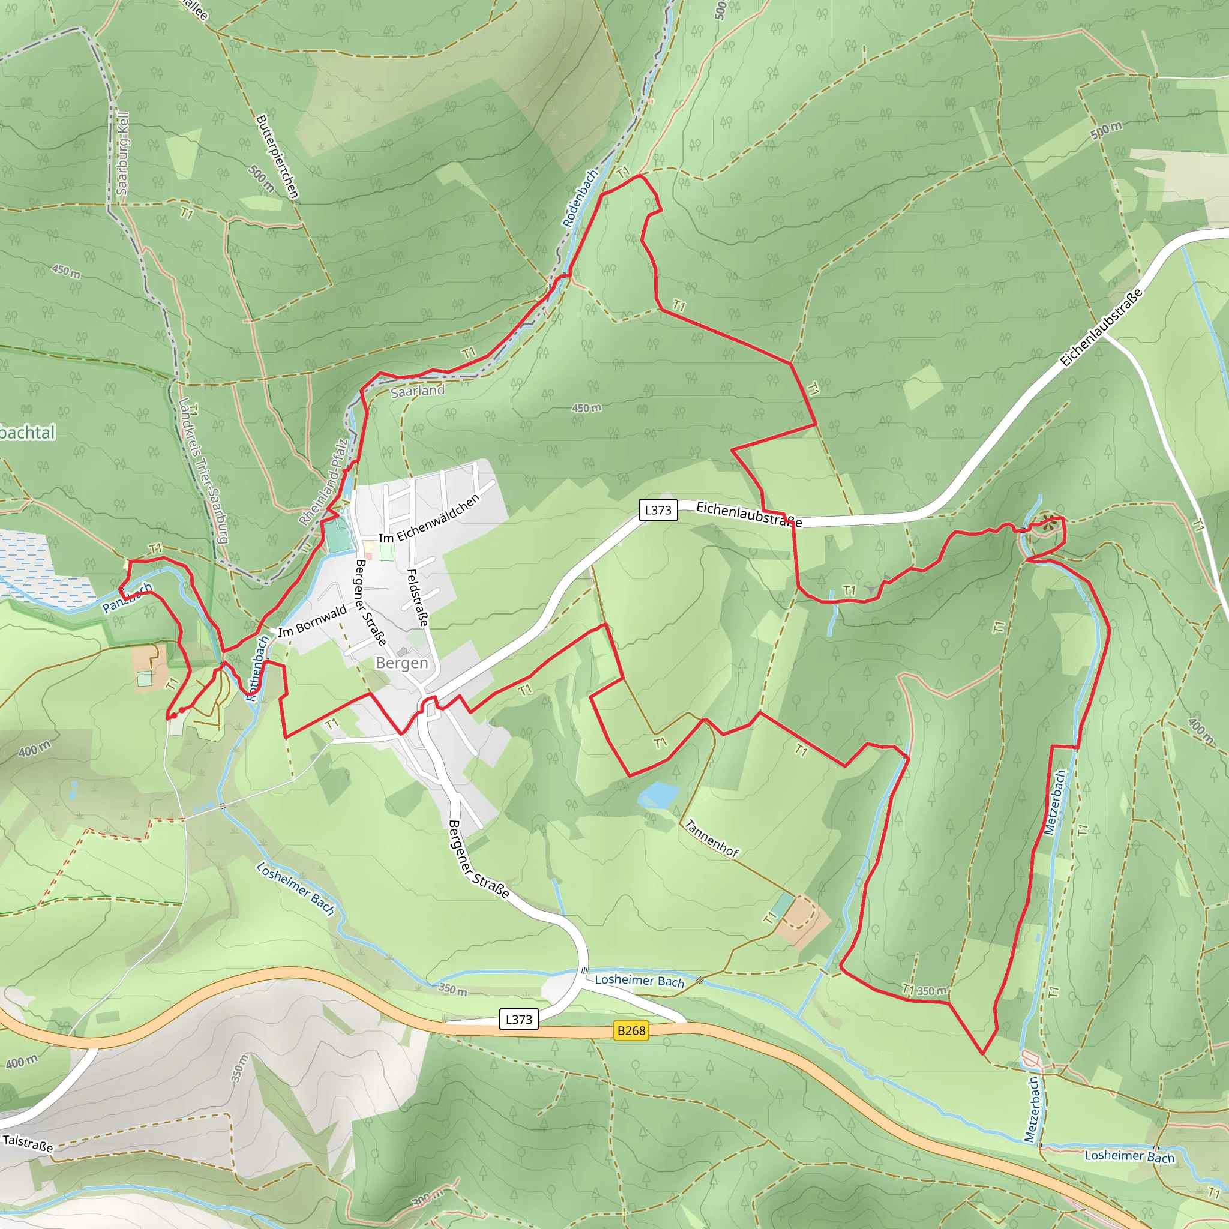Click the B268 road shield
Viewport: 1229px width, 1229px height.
[x=631, y=1030]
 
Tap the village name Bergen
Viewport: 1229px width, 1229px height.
[x=402, y=663]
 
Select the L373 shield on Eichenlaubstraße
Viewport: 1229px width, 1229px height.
[x=658, y=509]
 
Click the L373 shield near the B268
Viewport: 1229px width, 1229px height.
[x=518, y=1019]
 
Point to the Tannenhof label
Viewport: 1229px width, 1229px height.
[x=711, y=838]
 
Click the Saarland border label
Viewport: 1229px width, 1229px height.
[x=418, y=391]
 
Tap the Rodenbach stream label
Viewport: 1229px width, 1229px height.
[x=580, y=198]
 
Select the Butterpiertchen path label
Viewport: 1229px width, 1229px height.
[x=277, y=157]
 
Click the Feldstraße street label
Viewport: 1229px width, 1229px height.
[x=416, y=597]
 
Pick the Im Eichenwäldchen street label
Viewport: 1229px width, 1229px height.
[x=430, y=519]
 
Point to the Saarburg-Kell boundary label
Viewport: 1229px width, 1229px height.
[x=122, y=154]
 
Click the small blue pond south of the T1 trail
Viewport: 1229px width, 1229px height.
[x=658, y=795]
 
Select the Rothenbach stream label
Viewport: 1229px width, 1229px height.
[x=257, y=669]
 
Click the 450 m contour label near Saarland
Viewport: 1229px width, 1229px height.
[x=586, y=407]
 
